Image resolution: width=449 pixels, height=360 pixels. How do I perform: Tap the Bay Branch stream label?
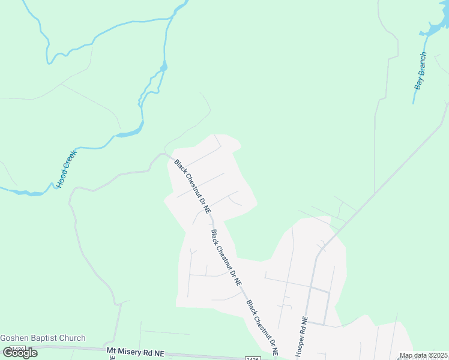(x=420, y=71)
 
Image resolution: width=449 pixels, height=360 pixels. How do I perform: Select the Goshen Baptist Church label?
(x=43, y=338)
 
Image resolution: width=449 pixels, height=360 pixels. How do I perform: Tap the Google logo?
(x=20, y=353)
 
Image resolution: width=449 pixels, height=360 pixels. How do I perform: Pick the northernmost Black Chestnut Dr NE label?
(x=192, y=187)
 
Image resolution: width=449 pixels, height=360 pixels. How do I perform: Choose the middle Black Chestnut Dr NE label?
(x=227, y=257)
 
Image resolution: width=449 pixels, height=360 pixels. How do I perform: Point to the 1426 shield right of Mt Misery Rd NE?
(x=253, y=358)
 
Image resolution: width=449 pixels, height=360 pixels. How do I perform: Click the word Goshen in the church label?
(x=14, y=338)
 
